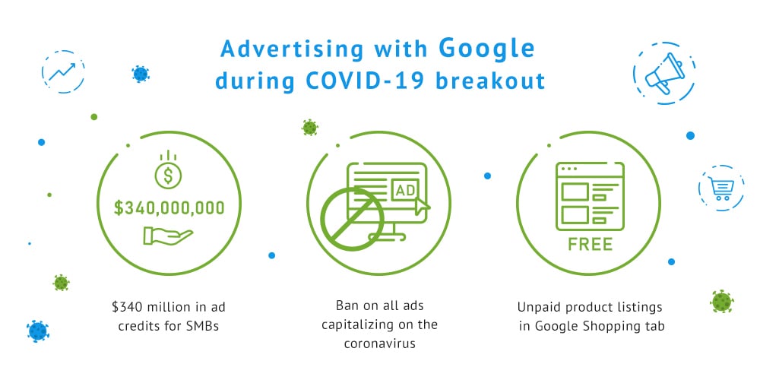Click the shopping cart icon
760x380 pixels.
pyautogui.click(x=720, y=188)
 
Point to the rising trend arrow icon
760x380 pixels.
pyautogui.click(x=62, y=71)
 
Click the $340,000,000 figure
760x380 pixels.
pyautogui.click(x=169, y=208)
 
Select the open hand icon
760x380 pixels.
pyautogui.click(x=168, y=236)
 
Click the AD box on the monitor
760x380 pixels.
pyautogui.click(x=405, y=190)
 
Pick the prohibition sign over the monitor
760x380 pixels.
pyautogui.click(x=353, y=219)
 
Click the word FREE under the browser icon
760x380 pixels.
pyautogui.click(x=590, y=244)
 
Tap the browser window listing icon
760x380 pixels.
pyautogui.click(x=590, y=196)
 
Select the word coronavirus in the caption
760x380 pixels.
pyautogui.click(x=379, y=344)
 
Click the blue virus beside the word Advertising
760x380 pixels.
pyautogui.click(x=141, y=74)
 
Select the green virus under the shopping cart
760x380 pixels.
pyautogui.click(x=722, y=302)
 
